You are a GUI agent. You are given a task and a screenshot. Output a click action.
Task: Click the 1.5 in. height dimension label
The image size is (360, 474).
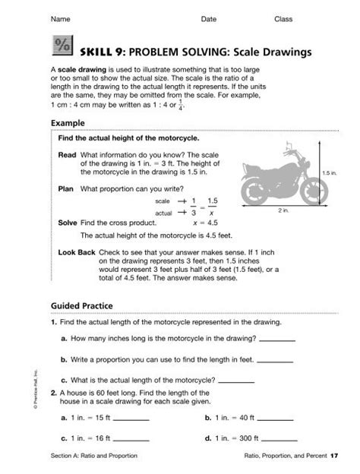tap(329, 173)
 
